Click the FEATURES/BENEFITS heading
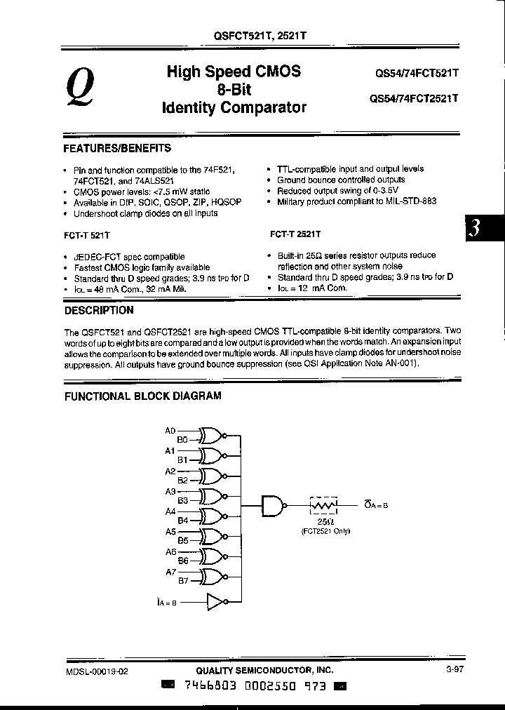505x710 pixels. (x=117, y=148)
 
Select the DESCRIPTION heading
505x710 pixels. (x=98, y=310)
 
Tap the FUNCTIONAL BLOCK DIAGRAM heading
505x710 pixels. (x=143, y=396)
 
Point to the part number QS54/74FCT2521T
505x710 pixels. (x=414, y=99)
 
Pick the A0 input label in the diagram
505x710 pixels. (x=170, y=430)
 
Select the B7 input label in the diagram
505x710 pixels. (x=182, y=581)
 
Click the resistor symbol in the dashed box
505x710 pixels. (x=324, y=504)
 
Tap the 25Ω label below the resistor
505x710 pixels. (x=324, y=523)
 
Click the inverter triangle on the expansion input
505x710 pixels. (x=217, y=601)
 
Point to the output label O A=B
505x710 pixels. (x=377, y=504)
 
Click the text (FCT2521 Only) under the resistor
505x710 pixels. (x=325, y=531)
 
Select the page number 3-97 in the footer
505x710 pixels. (x=454, y=670)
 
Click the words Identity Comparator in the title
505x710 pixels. (x=234, y=108)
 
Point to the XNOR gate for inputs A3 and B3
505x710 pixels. (x=211, y=496)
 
